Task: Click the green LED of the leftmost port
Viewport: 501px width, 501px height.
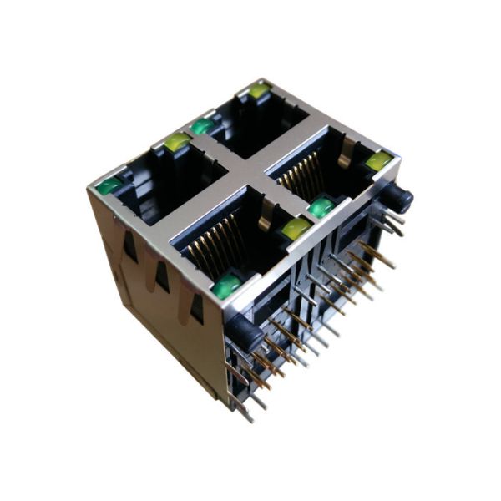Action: [x=109, y=186]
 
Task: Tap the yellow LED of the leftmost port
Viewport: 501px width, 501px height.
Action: [x=177, y=143]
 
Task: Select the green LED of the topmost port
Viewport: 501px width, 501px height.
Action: [x=202, y=126]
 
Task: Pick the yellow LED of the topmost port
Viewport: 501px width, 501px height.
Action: [x=259, y=90]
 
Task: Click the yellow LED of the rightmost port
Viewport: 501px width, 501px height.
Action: [x=378, y=160]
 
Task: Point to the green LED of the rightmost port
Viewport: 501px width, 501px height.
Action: [x=321, y=206]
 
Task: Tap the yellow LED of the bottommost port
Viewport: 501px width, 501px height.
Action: [x=295, y=228]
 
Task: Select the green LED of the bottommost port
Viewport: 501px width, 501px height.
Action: [x=226, y=286]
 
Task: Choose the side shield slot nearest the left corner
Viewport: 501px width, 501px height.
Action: [x=130, y=245]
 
